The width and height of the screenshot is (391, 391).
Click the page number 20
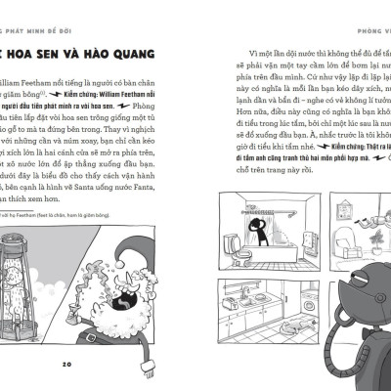67,365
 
